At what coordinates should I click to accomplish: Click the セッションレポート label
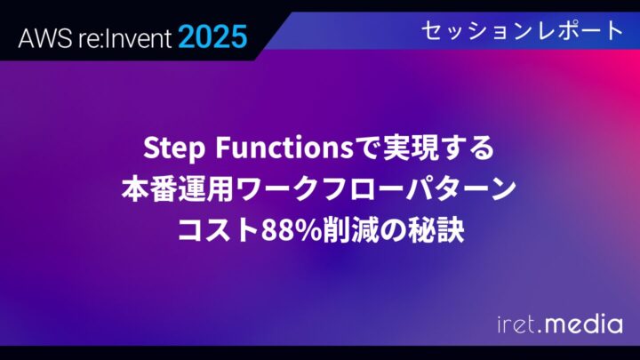(521, 31)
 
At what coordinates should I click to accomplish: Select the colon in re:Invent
(97, 38)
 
